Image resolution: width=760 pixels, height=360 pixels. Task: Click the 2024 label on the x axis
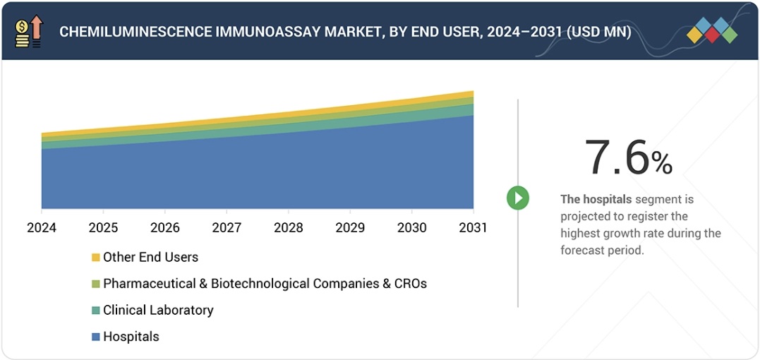[x=42, y=228]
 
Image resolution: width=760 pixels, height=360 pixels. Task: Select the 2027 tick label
[x=227, y=228]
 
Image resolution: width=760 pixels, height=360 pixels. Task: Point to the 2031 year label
[x=473, y=228]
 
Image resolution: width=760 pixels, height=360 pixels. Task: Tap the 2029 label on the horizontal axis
[x=350, y=228]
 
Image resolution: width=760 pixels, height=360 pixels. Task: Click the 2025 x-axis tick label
[x=103, y=228]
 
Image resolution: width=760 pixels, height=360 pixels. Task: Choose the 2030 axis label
[x=411, y=228]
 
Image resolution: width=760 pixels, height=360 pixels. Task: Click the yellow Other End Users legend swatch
[x=96, y=258]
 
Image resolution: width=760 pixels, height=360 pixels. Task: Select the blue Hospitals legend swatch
[x=96, y=337]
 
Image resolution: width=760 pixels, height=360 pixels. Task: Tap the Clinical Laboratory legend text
[x=158, y=311]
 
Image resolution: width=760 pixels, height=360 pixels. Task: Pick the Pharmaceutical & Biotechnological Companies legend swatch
[x=96, y=284]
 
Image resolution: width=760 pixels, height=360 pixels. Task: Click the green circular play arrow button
[x=518, y=198]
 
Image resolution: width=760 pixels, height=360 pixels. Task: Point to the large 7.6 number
[x=616, y=158]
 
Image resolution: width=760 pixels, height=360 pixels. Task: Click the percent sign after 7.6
[x=662, y=164]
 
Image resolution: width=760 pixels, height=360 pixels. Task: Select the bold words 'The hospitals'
[x=596, y=200]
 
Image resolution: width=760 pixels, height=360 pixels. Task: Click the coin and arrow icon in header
[x=29, y=31]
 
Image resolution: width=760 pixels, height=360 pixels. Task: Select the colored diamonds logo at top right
[x=711, y=30]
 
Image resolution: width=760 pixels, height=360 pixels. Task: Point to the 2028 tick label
[x=288, y=228]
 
